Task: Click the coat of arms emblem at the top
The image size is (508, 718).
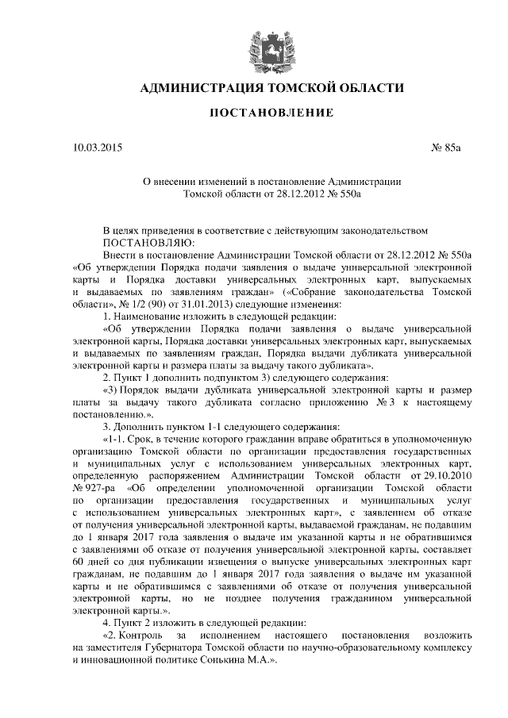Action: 254,44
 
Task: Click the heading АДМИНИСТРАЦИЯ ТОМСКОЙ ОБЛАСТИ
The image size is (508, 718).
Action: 254,87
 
